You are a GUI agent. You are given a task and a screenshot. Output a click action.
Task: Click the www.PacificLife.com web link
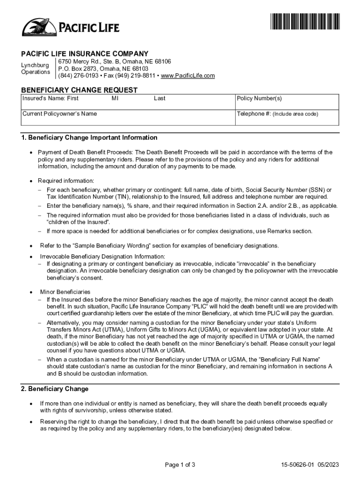coord(187,76)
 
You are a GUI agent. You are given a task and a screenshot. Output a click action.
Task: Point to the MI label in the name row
coord(115,99)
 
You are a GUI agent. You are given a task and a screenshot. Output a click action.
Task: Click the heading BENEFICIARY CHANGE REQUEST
coord(79,90)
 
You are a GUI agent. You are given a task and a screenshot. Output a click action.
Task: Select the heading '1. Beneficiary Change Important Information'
coord(89,138)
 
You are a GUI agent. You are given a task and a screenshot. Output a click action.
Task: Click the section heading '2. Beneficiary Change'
coord(55,389)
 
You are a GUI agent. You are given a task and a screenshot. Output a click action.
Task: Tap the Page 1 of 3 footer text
coord(180,465)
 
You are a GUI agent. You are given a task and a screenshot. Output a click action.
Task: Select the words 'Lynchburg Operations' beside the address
coord(36,68)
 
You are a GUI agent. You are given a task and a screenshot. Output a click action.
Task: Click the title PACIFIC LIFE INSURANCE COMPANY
coord(85,54)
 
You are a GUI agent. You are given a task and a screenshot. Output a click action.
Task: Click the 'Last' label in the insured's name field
coord(159,99)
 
